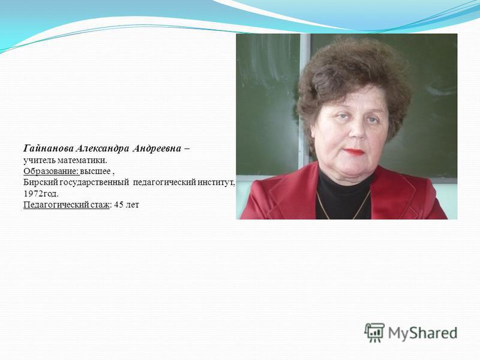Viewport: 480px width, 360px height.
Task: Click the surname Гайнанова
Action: click(49, 149)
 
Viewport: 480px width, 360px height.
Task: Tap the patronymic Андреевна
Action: click(157, 149)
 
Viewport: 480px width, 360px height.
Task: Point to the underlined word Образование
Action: click(51, 172)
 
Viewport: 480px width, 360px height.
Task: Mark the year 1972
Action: click(32, 194)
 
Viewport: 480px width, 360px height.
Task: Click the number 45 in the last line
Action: click(118, 205)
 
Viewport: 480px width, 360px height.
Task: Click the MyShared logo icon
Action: click(374, 332)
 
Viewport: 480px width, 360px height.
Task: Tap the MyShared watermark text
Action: click(422, 333)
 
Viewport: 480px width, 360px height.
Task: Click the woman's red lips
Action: click(354, 152)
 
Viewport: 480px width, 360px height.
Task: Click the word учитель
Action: click(40, 160)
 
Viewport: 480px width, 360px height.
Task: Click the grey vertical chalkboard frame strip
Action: click(305, 101)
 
